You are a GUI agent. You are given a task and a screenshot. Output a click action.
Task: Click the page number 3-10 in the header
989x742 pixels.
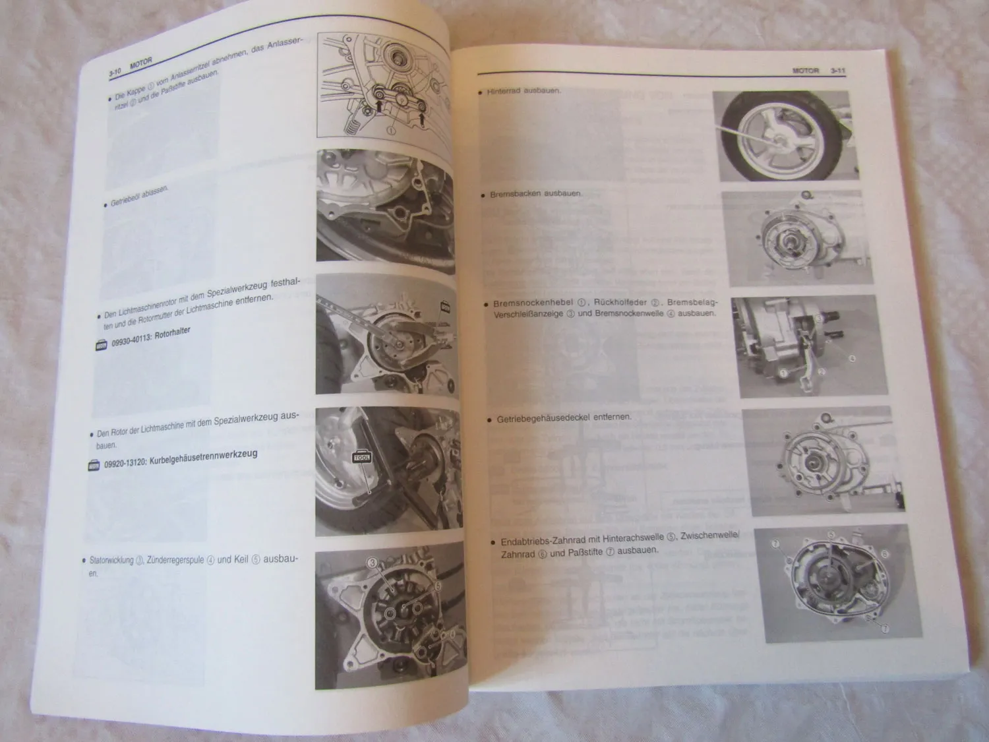coord(117,72)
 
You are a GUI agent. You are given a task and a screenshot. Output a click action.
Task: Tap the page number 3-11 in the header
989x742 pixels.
coord(838,70)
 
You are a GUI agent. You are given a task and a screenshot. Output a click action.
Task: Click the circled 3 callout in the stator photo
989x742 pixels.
coord(372,563)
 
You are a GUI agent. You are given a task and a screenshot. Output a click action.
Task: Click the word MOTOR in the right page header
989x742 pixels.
coord(804,70)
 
